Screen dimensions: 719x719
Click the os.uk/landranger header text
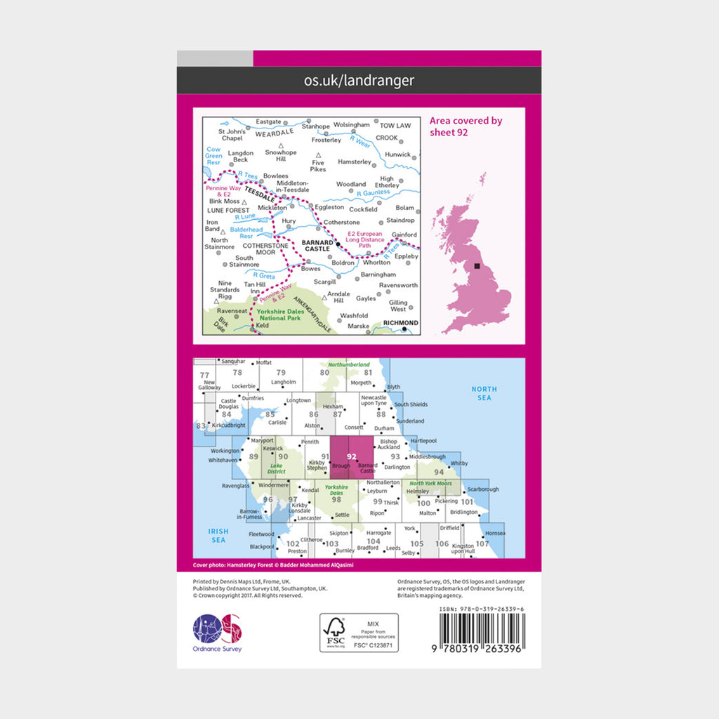[359, 81]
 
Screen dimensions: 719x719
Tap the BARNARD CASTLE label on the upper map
[315, 245]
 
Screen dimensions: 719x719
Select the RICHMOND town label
[401, 323]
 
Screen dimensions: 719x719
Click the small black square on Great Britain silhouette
[478, 266]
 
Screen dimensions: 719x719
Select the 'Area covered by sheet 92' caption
[466, 126]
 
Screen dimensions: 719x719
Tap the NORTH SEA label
[484, 393]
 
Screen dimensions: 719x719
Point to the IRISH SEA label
[218, 535]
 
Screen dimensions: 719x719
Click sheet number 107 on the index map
[482, 543]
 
